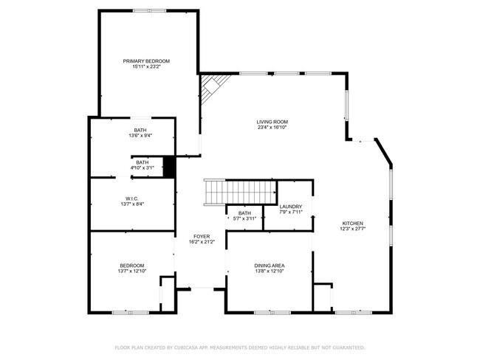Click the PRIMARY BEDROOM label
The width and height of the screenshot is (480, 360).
coord(146,60)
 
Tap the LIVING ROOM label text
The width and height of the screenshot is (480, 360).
coord(272,122)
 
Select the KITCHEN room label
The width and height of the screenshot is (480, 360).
coord(352,223)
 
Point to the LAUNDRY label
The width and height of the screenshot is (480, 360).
coord(289,207)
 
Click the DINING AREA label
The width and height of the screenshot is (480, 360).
coord(270,266)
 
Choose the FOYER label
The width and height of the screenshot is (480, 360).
coord(202,236)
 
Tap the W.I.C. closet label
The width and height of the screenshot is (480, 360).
coord(132,198)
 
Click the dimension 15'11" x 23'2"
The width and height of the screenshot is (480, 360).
coord(146,66)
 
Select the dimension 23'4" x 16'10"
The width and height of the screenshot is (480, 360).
coord(272,128)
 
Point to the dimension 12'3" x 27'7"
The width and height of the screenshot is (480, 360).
coord(352,229)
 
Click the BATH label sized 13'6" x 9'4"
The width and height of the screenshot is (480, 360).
coord(140,130)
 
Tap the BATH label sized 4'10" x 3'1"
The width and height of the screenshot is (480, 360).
coord(142,162)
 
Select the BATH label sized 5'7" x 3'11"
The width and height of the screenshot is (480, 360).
coord(244,212)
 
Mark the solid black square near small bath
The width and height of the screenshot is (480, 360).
coord(168,167)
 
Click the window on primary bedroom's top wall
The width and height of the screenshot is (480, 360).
coord(148,10)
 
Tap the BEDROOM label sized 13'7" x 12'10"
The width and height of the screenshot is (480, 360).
coord(132,266)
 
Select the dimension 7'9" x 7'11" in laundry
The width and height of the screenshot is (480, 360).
coord(289,212)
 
